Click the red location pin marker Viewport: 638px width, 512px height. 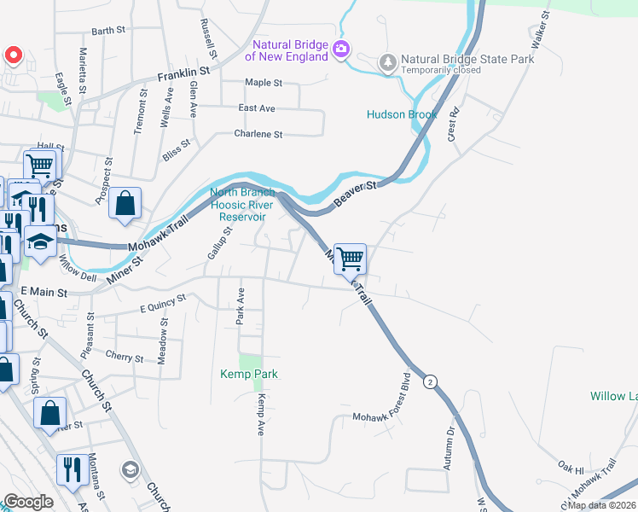14,56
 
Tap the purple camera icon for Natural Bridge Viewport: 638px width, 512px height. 341,49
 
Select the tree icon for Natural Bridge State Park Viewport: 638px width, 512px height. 388,61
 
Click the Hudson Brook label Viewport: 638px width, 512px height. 402,114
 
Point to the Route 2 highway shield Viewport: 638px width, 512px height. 432,382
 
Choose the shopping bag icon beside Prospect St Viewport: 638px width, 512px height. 125,204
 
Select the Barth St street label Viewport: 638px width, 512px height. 108,31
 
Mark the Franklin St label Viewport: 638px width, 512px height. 183,76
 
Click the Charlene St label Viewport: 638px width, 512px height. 258,134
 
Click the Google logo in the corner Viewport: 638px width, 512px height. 28,502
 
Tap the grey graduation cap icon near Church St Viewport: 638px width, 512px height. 130,468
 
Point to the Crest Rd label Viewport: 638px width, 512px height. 453,124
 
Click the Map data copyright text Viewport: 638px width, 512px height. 600,505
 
